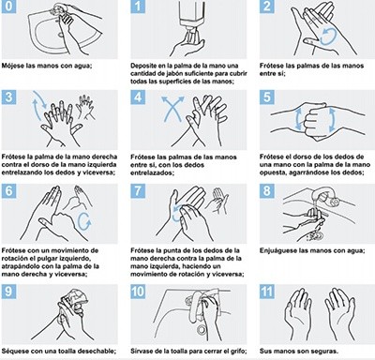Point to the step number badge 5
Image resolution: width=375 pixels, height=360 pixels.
point(265,98)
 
